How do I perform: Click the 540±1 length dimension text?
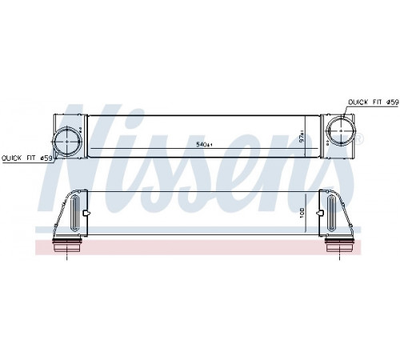(204, 145)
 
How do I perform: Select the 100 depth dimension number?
(302, 214)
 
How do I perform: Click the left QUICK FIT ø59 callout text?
(26, 158)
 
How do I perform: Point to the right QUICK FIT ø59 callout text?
(374, 102)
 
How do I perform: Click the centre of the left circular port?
(66, 141)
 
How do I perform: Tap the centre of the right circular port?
(342, 130)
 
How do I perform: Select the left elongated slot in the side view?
(74, 213)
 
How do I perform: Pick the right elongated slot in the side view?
(331, 213)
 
